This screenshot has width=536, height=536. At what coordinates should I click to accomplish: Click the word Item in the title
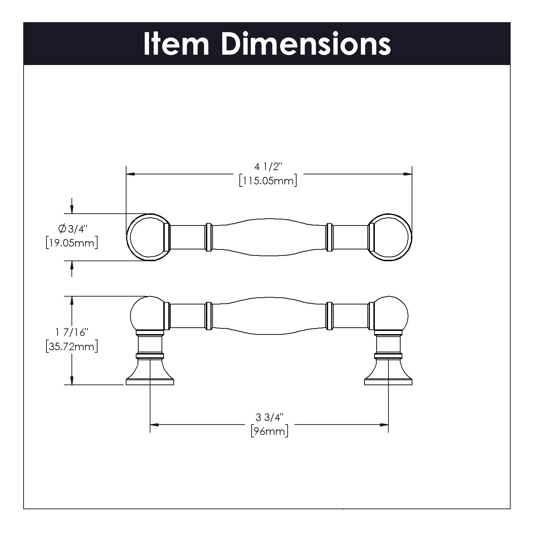pyautogui.click(x=176, y=44)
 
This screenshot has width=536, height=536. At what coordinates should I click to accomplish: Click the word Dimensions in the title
pyautogui.click(x=306, y=44)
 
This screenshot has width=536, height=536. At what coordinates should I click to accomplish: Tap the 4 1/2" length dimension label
pyautogui.click(x=268, y=167)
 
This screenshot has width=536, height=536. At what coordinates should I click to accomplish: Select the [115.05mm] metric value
pyautogui.click(x=268, y=181)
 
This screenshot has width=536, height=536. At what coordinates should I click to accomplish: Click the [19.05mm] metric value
pyautogui.click(x=72, y=243)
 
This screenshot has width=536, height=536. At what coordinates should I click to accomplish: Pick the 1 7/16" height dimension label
pyautogui.click(x=71, y=333)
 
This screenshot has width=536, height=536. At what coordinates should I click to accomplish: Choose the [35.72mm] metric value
pyautogui.click(x=72, y=347)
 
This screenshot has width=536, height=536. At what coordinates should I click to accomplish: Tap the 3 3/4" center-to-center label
pyautogui.click(x=269, y=417)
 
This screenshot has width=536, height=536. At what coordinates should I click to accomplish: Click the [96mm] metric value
pyautogui.click(x=269, y=431)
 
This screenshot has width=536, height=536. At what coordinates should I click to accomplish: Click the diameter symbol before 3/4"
pyautogui.click(x=61, y=228)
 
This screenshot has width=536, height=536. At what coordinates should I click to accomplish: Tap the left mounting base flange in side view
pyautogui.click(x=150, y=377)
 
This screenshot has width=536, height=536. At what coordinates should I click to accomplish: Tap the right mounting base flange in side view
pyautogui.click(x=388, y=377)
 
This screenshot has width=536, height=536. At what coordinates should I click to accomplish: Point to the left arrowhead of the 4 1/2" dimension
pyautogui.click(x=131, y=174)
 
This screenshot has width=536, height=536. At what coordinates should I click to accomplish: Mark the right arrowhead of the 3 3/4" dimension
pyautogui.click(x=384, y=425)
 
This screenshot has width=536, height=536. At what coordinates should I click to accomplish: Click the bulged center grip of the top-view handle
pyautogui.click(x=269, y=237)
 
